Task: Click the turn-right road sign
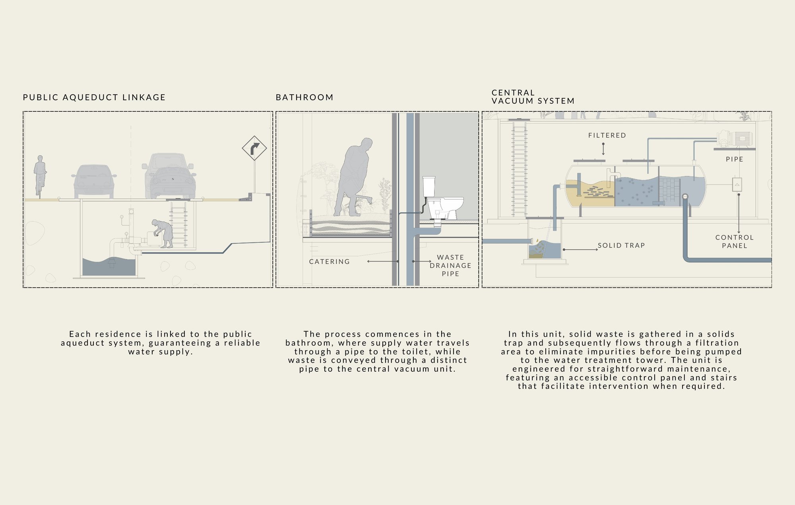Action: pos(254,148)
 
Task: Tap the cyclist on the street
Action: pos(40,175)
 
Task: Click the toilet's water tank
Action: pos(429,186)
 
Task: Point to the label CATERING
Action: pos(330,261)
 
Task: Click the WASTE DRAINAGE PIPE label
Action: pos(450,265)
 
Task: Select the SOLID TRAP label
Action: pos(621,246)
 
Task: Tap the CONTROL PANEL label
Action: pos(735,242)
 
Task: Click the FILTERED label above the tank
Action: pos(607,135)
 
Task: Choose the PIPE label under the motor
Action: pos(735,159)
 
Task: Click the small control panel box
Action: pos(737,185)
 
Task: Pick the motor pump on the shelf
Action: pos(735,139)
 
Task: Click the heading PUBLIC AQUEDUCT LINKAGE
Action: pos(94,97)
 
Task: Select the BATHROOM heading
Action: pos(304,97)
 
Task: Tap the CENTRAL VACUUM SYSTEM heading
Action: pos(533,97)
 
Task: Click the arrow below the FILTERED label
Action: pos(603,149)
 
